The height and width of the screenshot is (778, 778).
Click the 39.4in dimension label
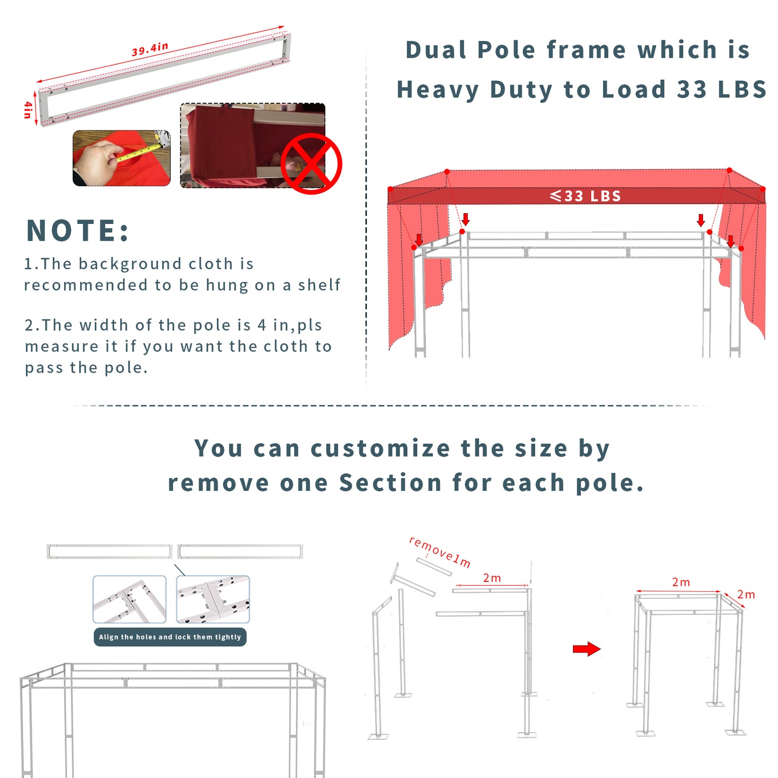tap(150, 49)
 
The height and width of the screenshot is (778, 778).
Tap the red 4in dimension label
tap(27, 110)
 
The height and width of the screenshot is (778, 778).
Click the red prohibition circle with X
tap(311, 164)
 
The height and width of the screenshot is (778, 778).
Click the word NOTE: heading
tap(78, 230)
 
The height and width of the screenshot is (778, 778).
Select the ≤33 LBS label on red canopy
tap(585, 196)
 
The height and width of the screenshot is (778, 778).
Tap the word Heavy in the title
tap(438, 89)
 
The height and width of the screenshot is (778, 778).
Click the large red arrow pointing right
tap(587, 649)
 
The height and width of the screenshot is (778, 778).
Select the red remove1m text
tap(440, 552)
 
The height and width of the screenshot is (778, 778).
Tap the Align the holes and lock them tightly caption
tap(170, 637)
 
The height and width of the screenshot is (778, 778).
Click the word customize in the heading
tap(380, 448)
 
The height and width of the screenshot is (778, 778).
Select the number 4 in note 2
tap(262, 325)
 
